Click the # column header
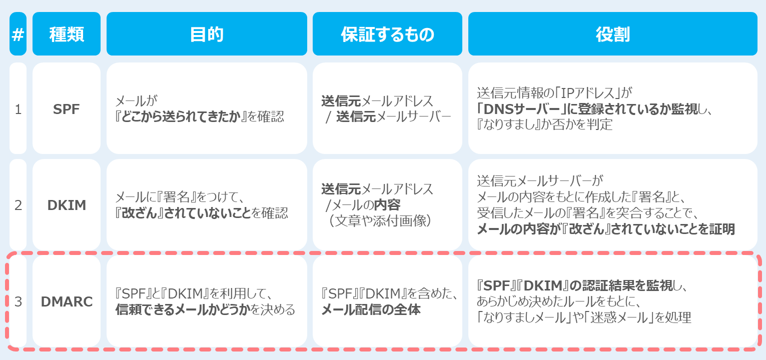coord(18,34)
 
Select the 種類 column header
coord(67,34)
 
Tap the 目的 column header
coord(207,34)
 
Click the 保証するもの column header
coord(387,34)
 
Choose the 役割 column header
coord(612,34)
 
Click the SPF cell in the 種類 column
coord(67,109)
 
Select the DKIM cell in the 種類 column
coord(67,205)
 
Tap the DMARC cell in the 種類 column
coord(67,301)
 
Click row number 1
coord(18,109)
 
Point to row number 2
coord(18,205)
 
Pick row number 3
coord(18,301)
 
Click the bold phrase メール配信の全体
coord(371,309)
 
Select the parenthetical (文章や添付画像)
coord(380,221)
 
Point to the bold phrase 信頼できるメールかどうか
coord(183,309)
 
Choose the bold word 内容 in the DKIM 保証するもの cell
coord(387,205)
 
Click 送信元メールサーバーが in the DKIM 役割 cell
coord(540,181)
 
